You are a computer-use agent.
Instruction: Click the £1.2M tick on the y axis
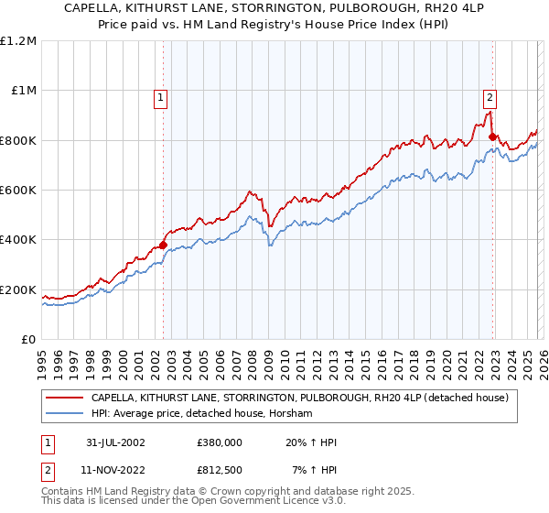[x=18, y=41]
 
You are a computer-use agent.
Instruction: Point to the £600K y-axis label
[x=18, y=191]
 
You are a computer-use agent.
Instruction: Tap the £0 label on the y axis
[x=28, y=340]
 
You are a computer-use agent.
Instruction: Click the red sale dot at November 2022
[x=492, y=137]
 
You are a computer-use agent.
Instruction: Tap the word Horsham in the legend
[x=293, y=414]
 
